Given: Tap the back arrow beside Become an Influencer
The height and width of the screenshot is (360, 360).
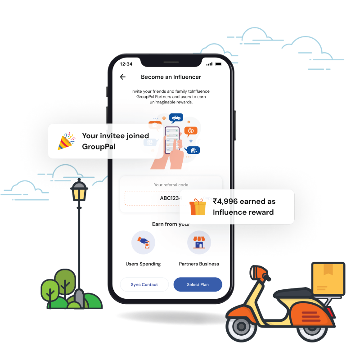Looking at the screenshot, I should (x=123, y=77).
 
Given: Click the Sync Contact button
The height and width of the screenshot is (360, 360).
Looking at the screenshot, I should (x=144, y=284).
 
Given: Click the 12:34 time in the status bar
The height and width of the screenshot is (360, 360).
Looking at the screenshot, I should (x=126, y=64).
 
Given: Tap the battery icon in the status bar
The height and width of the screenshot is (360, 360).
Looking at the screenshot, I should (x=219, y=64).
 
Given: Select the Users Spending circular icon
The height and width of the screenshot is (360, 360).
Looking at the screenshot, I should (x=143, y=243).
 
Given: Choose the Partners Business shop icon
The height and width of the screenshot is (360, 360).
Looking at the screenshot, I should (x=199, y=243).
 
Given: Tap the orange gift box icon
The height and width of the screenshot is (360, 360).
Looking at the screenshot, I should (x=198, y=207).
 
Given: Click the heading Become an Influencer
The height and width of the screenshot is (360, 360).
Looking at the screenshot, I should (x=171, y=77).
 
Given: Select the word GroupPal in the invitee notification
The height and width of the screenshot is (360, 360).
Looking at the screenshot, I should (x=99, y=147).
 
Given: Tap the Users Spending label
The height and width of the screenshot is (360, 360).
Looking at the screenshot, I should (x=143, y=264).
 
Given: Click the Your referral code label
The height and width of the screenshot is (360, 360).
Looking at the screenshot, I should (x=171, y=184).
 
